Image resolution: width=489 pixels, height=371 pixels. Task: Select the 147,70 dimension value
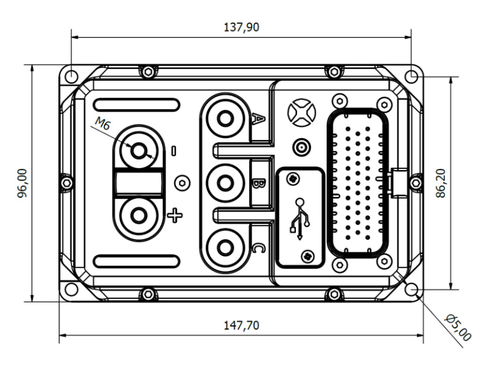pyautogui.click(x=241, y=325)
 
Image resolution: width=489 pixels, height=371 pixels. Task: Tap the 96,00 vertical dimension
pyautogui.click(x=23, y=183)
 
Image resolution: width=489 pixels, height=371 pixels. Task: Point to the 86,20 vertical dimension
pyautogui.click(x=440, y=184)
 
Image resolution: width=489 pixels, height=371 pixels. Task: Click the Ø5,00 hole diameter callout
pyautogui.click(x=458, y=327)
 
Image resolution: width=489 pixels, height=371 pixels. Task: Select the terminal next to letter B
pyautogui.click(x=225, y=183)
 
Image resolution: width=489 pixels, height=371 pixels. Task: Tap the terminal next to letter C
pyautogui.click(x=225, y=248)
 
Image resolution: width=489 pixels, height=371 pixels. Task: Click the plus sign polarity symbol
pyautogui.click(x=175, y=215)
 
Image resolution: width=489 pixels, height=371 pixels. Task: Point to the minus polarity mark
pyautogui.click(x=174, y=150)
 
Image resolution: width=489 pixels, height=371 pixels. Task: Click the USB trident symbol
pyautogui.click(x=300, y=218)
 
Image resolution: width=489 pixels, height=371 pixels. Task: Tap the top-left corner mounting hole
pyautogui.click(x=72, y=76)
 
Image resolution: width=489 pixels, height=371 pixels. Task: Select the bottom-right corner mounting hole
pyautogui.click(x=411, y=290)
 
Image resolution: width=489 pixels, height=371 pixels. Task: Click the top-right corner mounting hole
pyautogui.click(x=411, y=76)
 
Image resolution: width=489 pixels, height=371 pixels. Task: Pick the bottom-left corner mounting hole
pyautogui.click(x=72, y=290)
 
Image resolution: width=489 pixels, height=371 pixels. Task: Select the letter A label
pyautogui.click(x=260, y=118)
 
